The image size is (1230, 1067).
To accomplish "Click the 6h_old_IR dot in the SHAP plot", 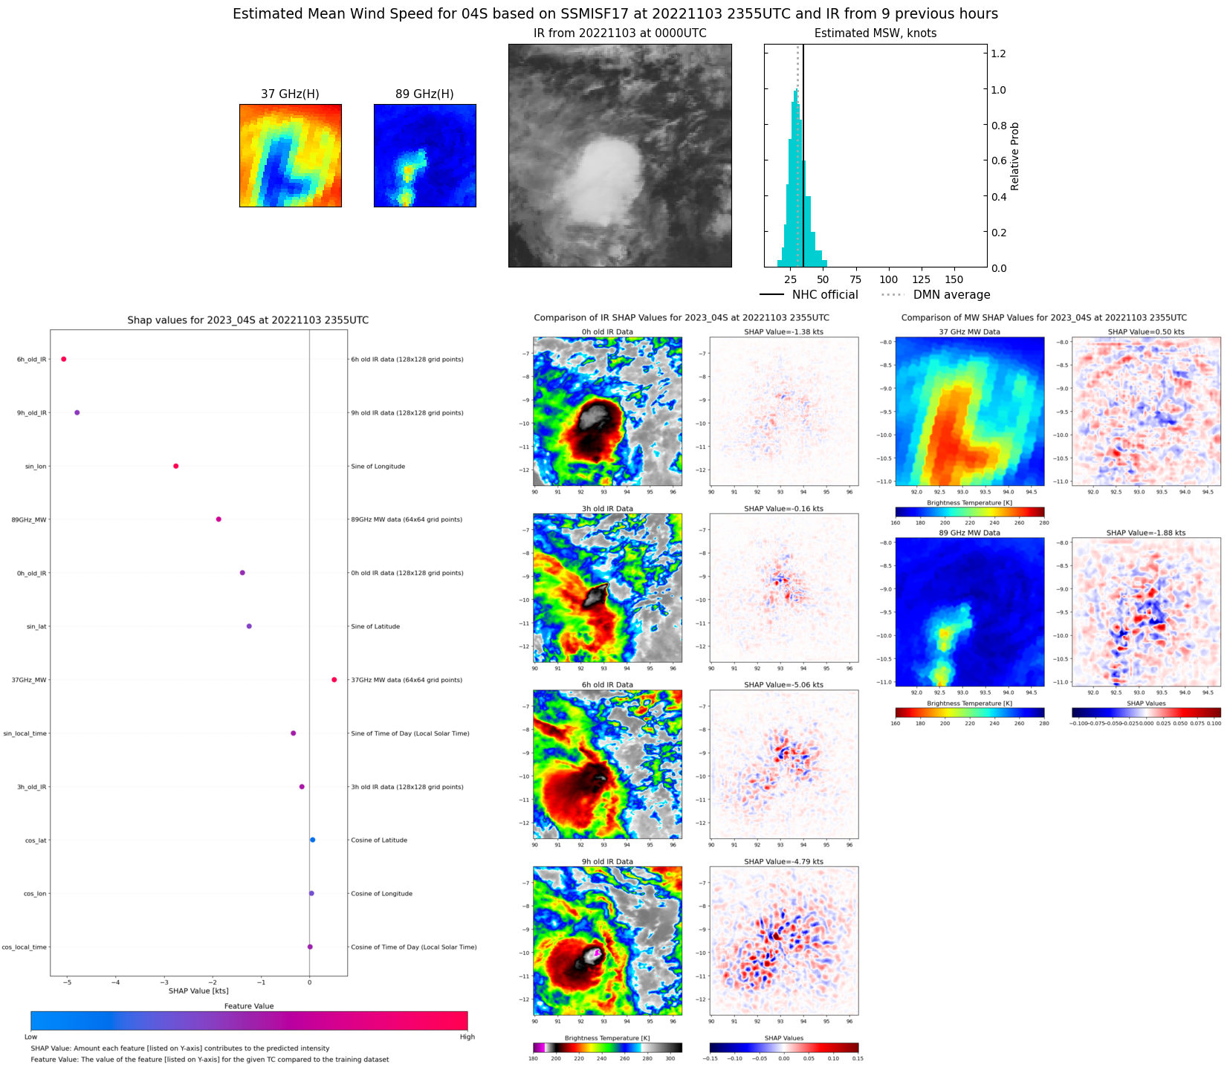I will [64, 359].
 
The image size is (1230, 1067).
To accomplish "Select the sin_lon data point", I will [176, 466].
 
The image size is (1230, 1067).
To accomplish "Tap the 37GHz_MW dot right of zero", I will [334, 680].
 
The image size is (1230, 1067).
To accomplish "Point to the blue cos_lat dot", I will [313, 840].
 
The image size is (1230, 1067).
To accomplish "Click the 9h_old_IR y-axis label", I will [32, 413].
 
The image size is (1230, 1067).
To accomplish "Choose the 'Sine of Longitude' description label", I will [378, 467].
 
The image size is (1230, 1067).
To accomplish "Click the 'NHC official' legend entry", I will [824, 295].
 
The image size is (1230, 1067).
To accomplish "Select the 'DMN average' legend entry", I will [951, 295].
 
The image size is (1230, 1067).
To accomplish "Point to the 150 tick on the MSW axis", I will [954, 280].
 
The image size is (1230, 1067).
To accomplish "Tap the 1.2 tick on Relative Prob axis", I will [998, 53].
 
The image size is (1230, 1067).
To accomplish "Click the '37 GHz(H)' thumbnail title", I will [290, 94].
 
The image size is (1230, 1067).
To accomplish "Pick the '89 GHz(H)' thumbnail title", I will [424, 94].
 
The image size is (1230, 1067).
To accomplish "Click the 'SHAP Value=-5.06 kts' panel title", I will [783, 685].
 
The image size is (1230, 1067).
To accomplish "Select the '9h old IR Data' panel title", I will [607, 862].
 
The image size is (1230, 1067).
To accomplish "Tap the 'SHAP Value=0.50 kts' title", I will [1146, 332].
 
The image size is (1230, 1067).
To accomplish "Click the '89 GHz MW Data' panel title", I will [969, 533].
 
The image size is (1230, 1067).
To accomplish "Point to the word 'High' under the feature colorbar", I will [467, 1037].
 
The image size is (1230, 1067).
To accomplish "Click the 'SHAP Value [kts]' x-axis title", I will [198, 990].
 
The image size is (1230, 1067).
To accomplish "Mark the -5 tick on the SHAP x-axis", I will [67, 982].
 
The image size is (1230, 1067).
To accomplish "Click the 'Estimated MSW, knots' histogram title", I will [875, 33].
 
